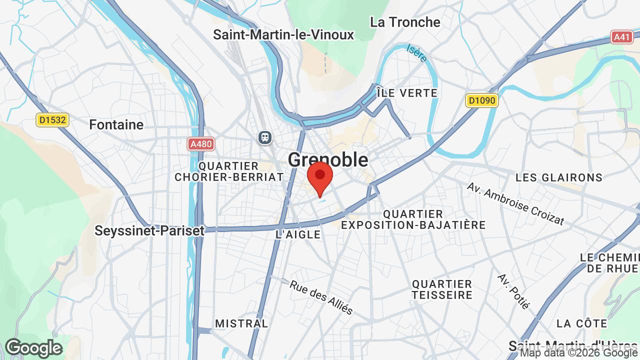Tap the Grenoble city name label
(x=328, y=160)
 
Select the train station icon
(x=265, y=137)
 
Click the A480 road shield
(x=201, y=144)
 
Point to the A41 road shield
(x=622, y=36)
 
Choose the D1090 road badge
(x=481, y=100)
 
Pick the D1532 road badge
(x=52, y=120)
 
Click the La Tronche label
(x=405, y=22)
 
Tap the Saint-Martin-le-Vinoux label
(x=283, y=35)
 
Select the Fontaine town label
(x=116, y=124)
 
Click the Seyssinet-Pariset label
(x=149, y=230)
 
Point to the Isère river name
(x=416, y=53)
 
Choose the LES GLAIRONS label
(x=559, y=177)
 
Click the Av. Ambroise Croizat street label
(x=515, y=203)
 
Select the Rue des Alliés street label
(x=321, y=297)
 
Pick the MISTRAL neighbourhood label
(x=241, y=323)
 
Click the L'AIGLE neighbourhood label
(x=298, y=234)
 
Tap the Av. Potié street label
(x=513, y=291)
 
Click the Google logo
(x=34, y=348)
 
